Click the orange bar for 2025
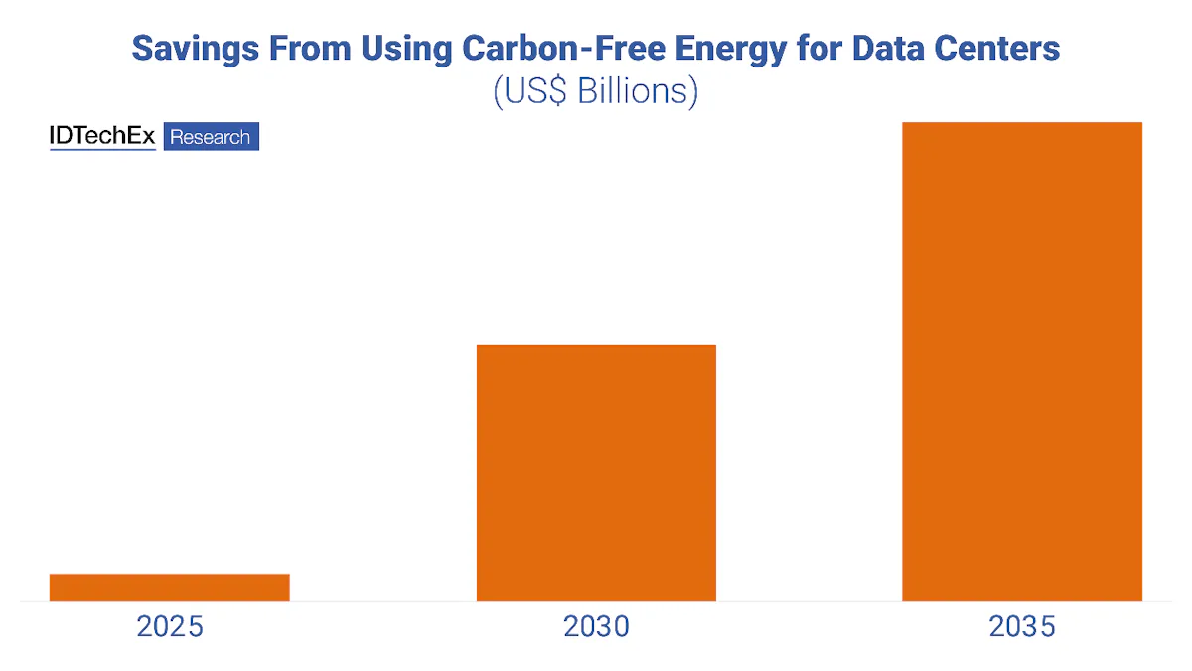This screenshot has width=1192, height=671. click(x=169, y=587)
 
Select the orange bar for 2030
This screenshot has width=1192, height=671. click(x=596, y=472)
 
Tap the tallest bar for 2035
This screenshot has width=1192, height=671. click(x=1021, y=361)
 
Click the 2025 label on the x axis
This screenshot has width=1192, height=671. click(x=170, y=627)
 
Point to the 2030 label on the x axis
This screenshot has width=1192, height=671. click(x=596, y=627)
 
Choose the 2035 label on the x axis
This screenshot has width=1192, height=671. click(x=1022, y=627)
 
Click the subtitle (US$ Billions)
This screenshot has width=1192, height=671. click(x=596, y=90)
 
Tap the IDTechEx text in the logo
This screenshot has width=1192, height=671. click(x=102, y=136)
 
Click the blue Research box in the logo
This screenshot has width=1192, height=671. click(x=211, y=137)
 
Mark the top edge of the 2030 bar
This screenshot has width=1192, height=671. click(x=596, y=346)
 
